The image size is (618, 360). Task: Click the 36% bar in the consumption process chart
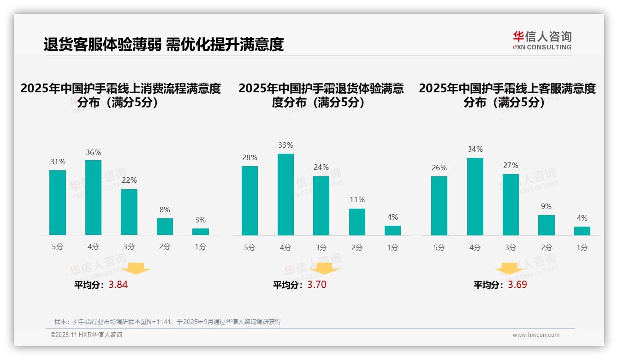point(94,198)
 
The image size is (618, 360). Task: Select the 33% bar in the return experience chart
point(285,194)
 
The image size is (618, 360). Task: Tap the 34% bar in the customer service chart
point(475,197)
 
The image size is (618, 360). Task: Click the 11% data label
point(357,200)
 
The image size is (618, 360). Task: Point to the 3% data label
point(200,220)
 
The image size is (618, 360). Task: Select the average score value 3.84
point(118,285)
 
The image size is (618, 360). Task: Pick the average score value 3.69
point(517,285)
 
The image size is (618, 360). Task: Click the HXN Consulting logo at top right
point(542,40)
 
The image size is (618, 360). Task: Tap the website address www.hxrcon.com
point(536,335)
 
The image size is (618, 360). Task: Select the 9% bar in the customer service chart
point(547,225)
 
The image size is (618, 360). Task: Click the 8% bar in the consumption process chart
point(165,227)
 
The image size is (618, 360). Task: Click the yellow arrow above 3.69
point(509,268)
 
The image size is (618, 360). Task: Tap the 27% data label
point(511,165)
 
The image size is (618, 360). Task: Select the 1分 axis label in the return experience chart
point(392,247)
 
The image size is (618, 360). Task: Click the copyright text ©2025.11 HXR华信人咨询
point(86,335)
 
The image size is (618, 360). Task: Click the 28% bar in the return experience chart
point(250,201)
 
